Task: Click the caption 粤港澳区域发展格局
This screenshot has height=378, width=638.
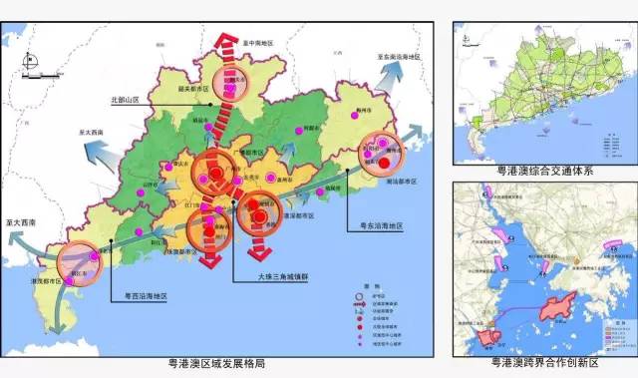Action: pos(217,365)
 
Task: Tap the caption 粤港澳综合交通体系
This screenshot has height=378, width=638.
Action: pos(545,171)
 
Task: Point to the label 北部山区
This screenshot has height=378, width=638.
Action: pos(131,101)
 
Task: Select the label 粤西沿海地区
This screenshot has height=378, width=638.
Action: pos(146,296)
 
